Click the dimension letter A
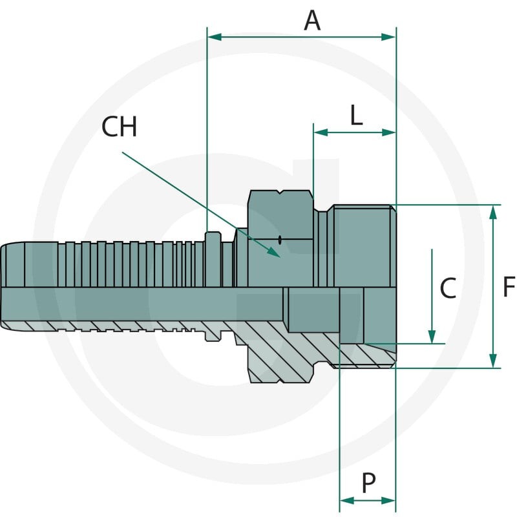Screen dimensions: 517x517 (x=312, y=21)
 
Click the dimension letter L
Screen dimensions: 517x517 (x=356, y=115)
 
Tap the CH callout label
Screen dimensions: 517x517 (x=119, y=127)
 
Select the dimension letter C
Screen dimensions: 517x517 (x=448, y=288)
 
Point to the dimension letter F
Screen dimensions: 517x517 (x=509, y=286)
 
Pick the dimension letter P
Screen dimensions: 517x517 (x=368, y=483)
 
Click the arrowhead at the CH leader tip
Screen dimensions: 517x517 (x=273, y=251)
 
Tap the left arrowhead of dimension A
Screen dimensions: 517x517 (x=215, y=37)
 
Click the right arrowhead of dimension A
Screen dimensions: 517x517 (x=388, y=37)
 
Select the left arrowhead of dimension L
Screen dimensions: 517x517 (x=321, y=132)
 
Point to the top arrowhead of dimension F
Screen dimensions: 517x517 (x=493, y=213)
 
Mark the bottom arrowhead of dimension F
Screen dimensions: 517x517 (x=493, y=361)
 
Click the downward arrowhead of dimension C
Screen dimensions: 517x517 (x=432, y=337)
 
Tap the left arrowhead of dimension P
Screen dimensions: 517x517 (x=347, y=501)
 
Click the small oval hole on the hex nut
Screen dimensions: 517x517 (x=280, y=240)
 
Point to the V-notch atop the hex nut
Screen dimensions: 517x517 (x=280, y=192)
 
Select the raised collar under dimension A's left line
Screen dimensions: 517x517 (x=213, y=259)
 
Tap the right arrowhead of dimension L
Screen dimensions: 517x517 (x=388, y=132)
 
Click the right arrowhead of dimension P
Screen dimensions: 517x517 (x=388, y=501)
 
